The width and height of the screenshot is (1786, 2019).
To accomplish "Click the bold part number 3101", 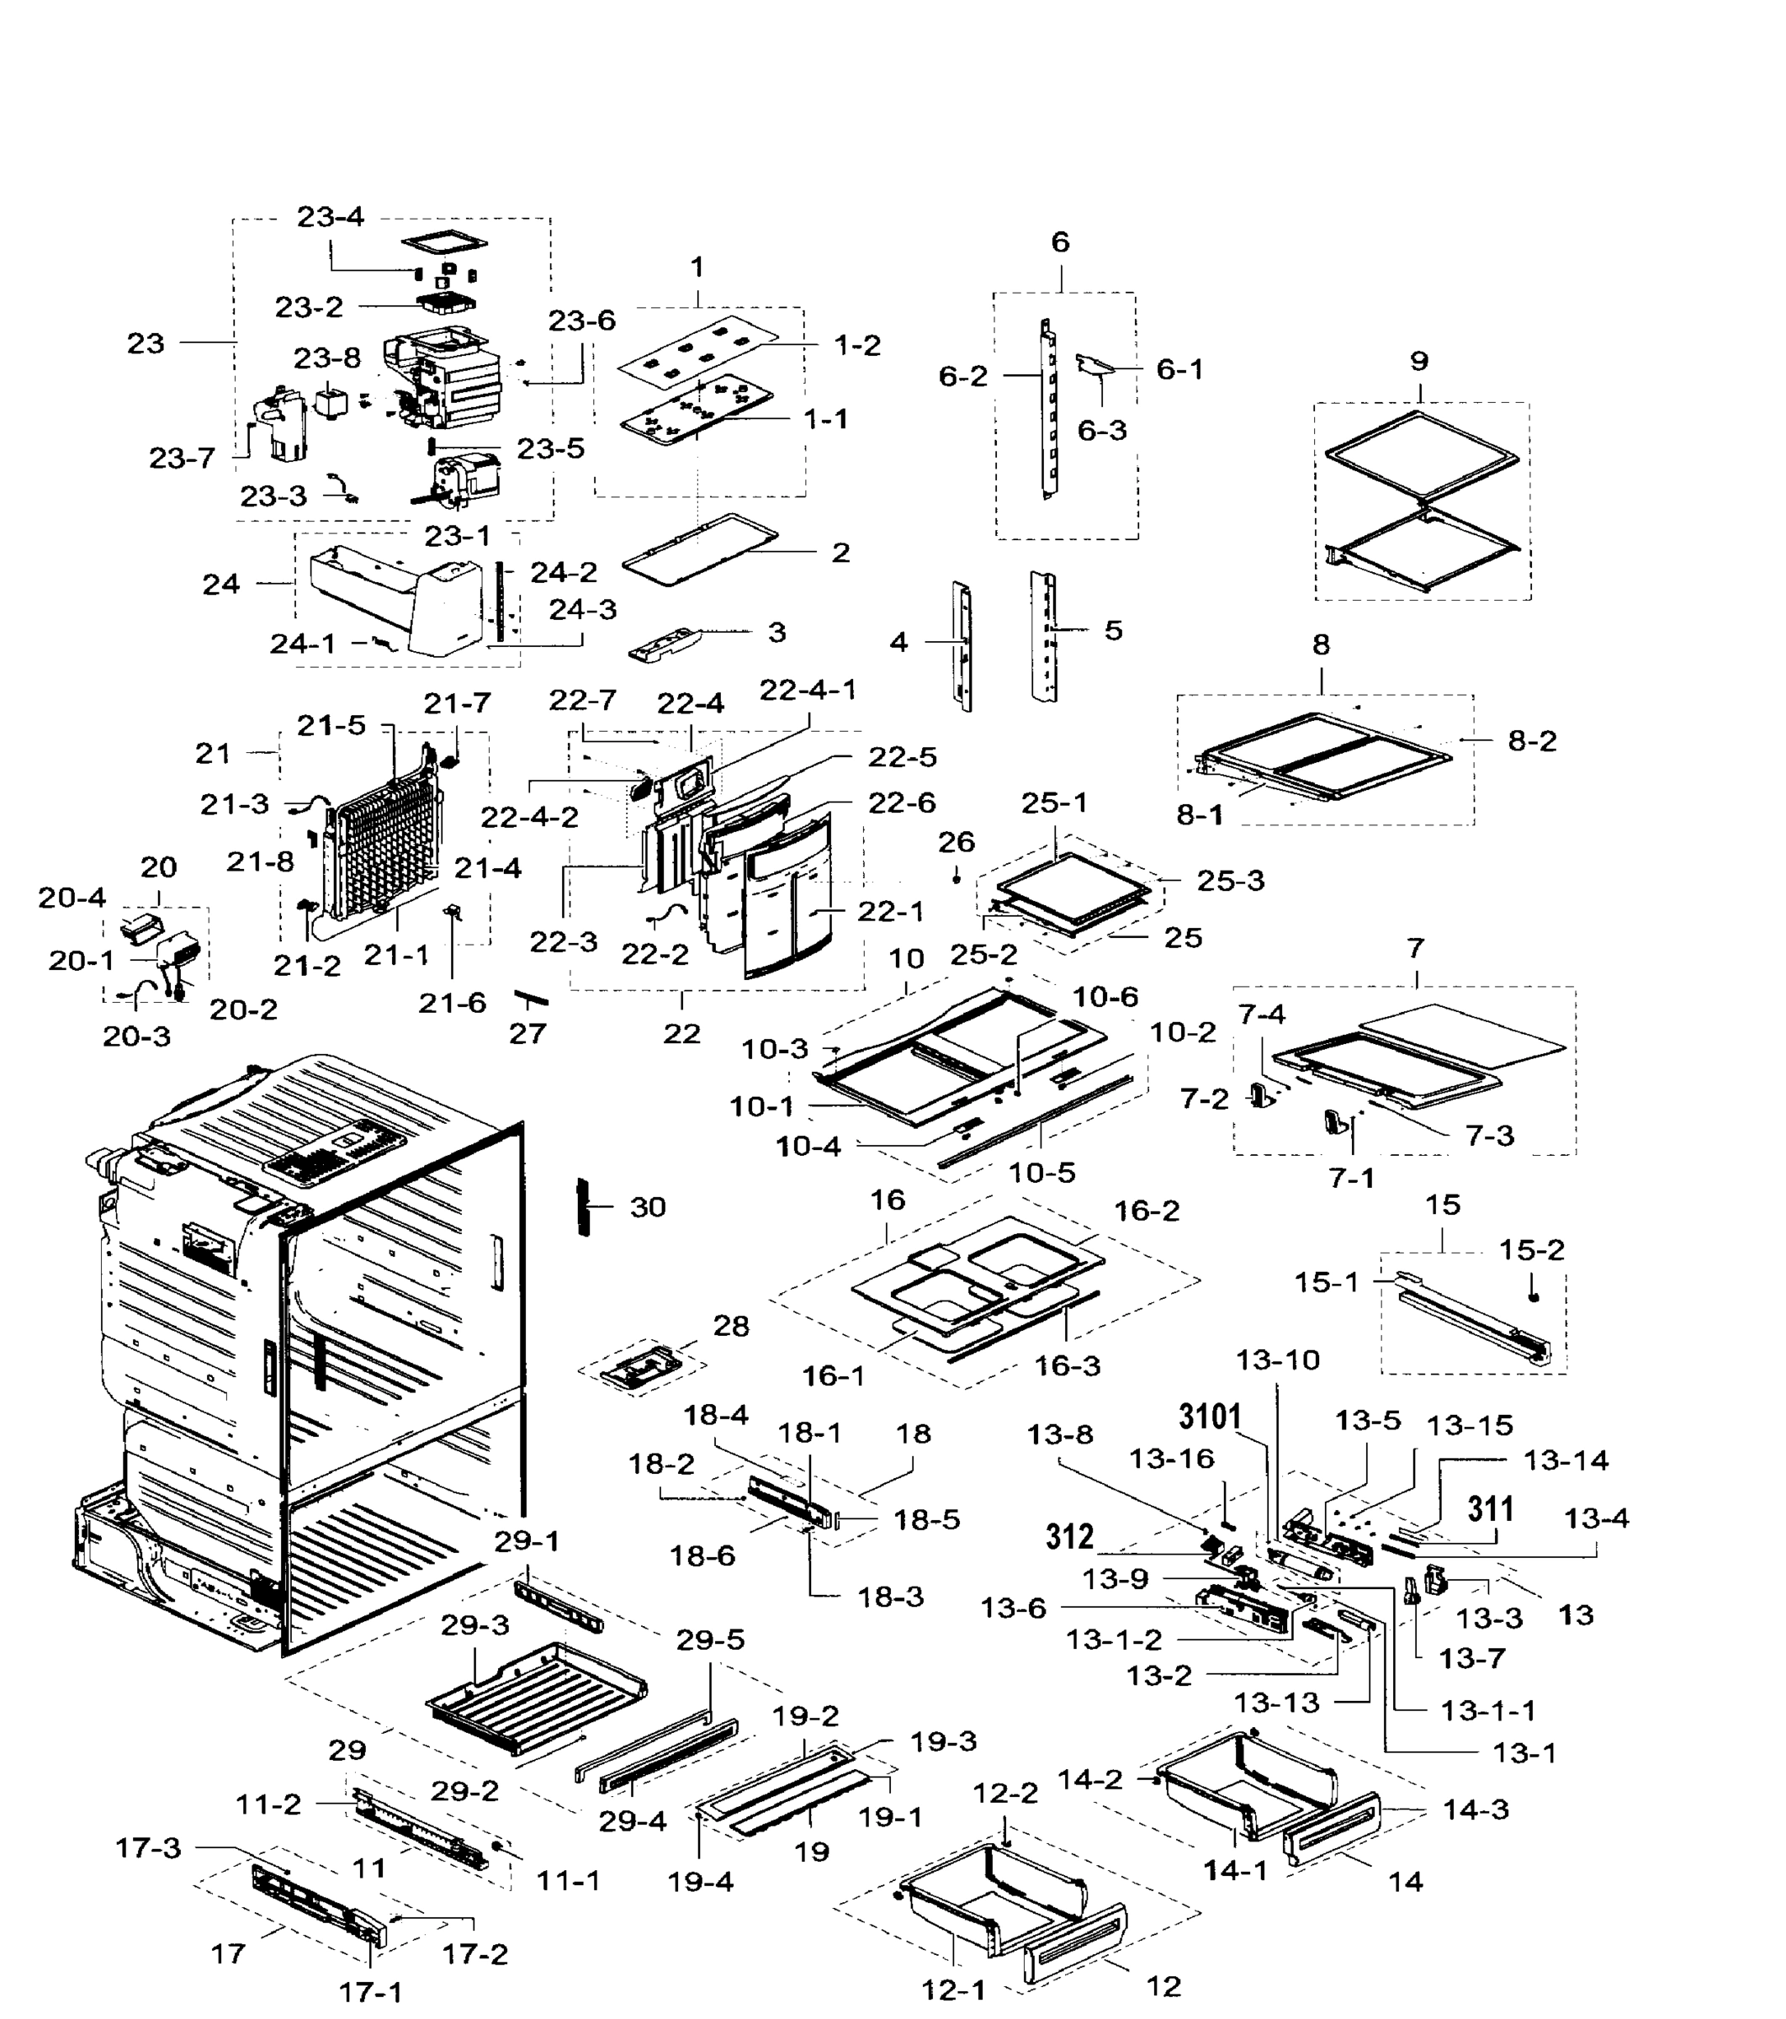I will (1210, 1418).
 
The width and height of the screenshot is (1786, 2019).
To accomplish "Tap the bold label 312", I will (1070, 1536).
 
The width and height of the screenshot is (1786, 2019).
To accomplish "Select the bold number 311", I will (1491, 1508).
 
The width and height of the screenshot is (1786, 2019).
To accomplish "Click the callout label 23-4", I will (330, 216).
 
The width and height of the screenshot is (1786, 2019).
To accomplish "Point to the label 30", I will (648, 1207).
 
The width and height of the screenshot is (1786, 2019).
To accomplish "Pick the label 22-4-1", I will (808, 690).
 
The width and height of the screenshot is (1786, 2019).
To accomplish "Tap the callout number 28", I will (731, 1326).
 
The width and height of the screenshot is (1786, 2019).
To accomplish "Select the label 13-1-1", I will (1487, 1709).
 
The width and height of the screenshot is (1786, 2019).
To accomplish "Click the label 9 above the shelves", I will (1419, 361).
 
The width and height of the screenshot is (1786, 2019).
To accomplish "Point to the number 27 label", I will (527, 1033).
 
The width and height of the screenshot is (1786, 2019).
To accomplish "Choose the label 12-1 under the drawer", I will (954, 1990).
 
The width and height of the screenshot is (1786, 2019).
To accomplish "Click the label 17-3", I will (148, 1847).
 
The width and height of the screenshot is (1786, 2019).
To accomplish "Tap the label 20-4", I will (72, 897).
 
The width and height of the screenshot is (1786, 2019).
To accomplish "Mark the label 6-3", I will (1101, 431).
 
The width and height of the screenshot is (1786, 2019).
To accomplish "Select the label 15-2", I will (1532, 1249).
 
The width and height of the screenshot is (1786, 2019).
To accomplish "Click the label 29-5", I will (710, 1640).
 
